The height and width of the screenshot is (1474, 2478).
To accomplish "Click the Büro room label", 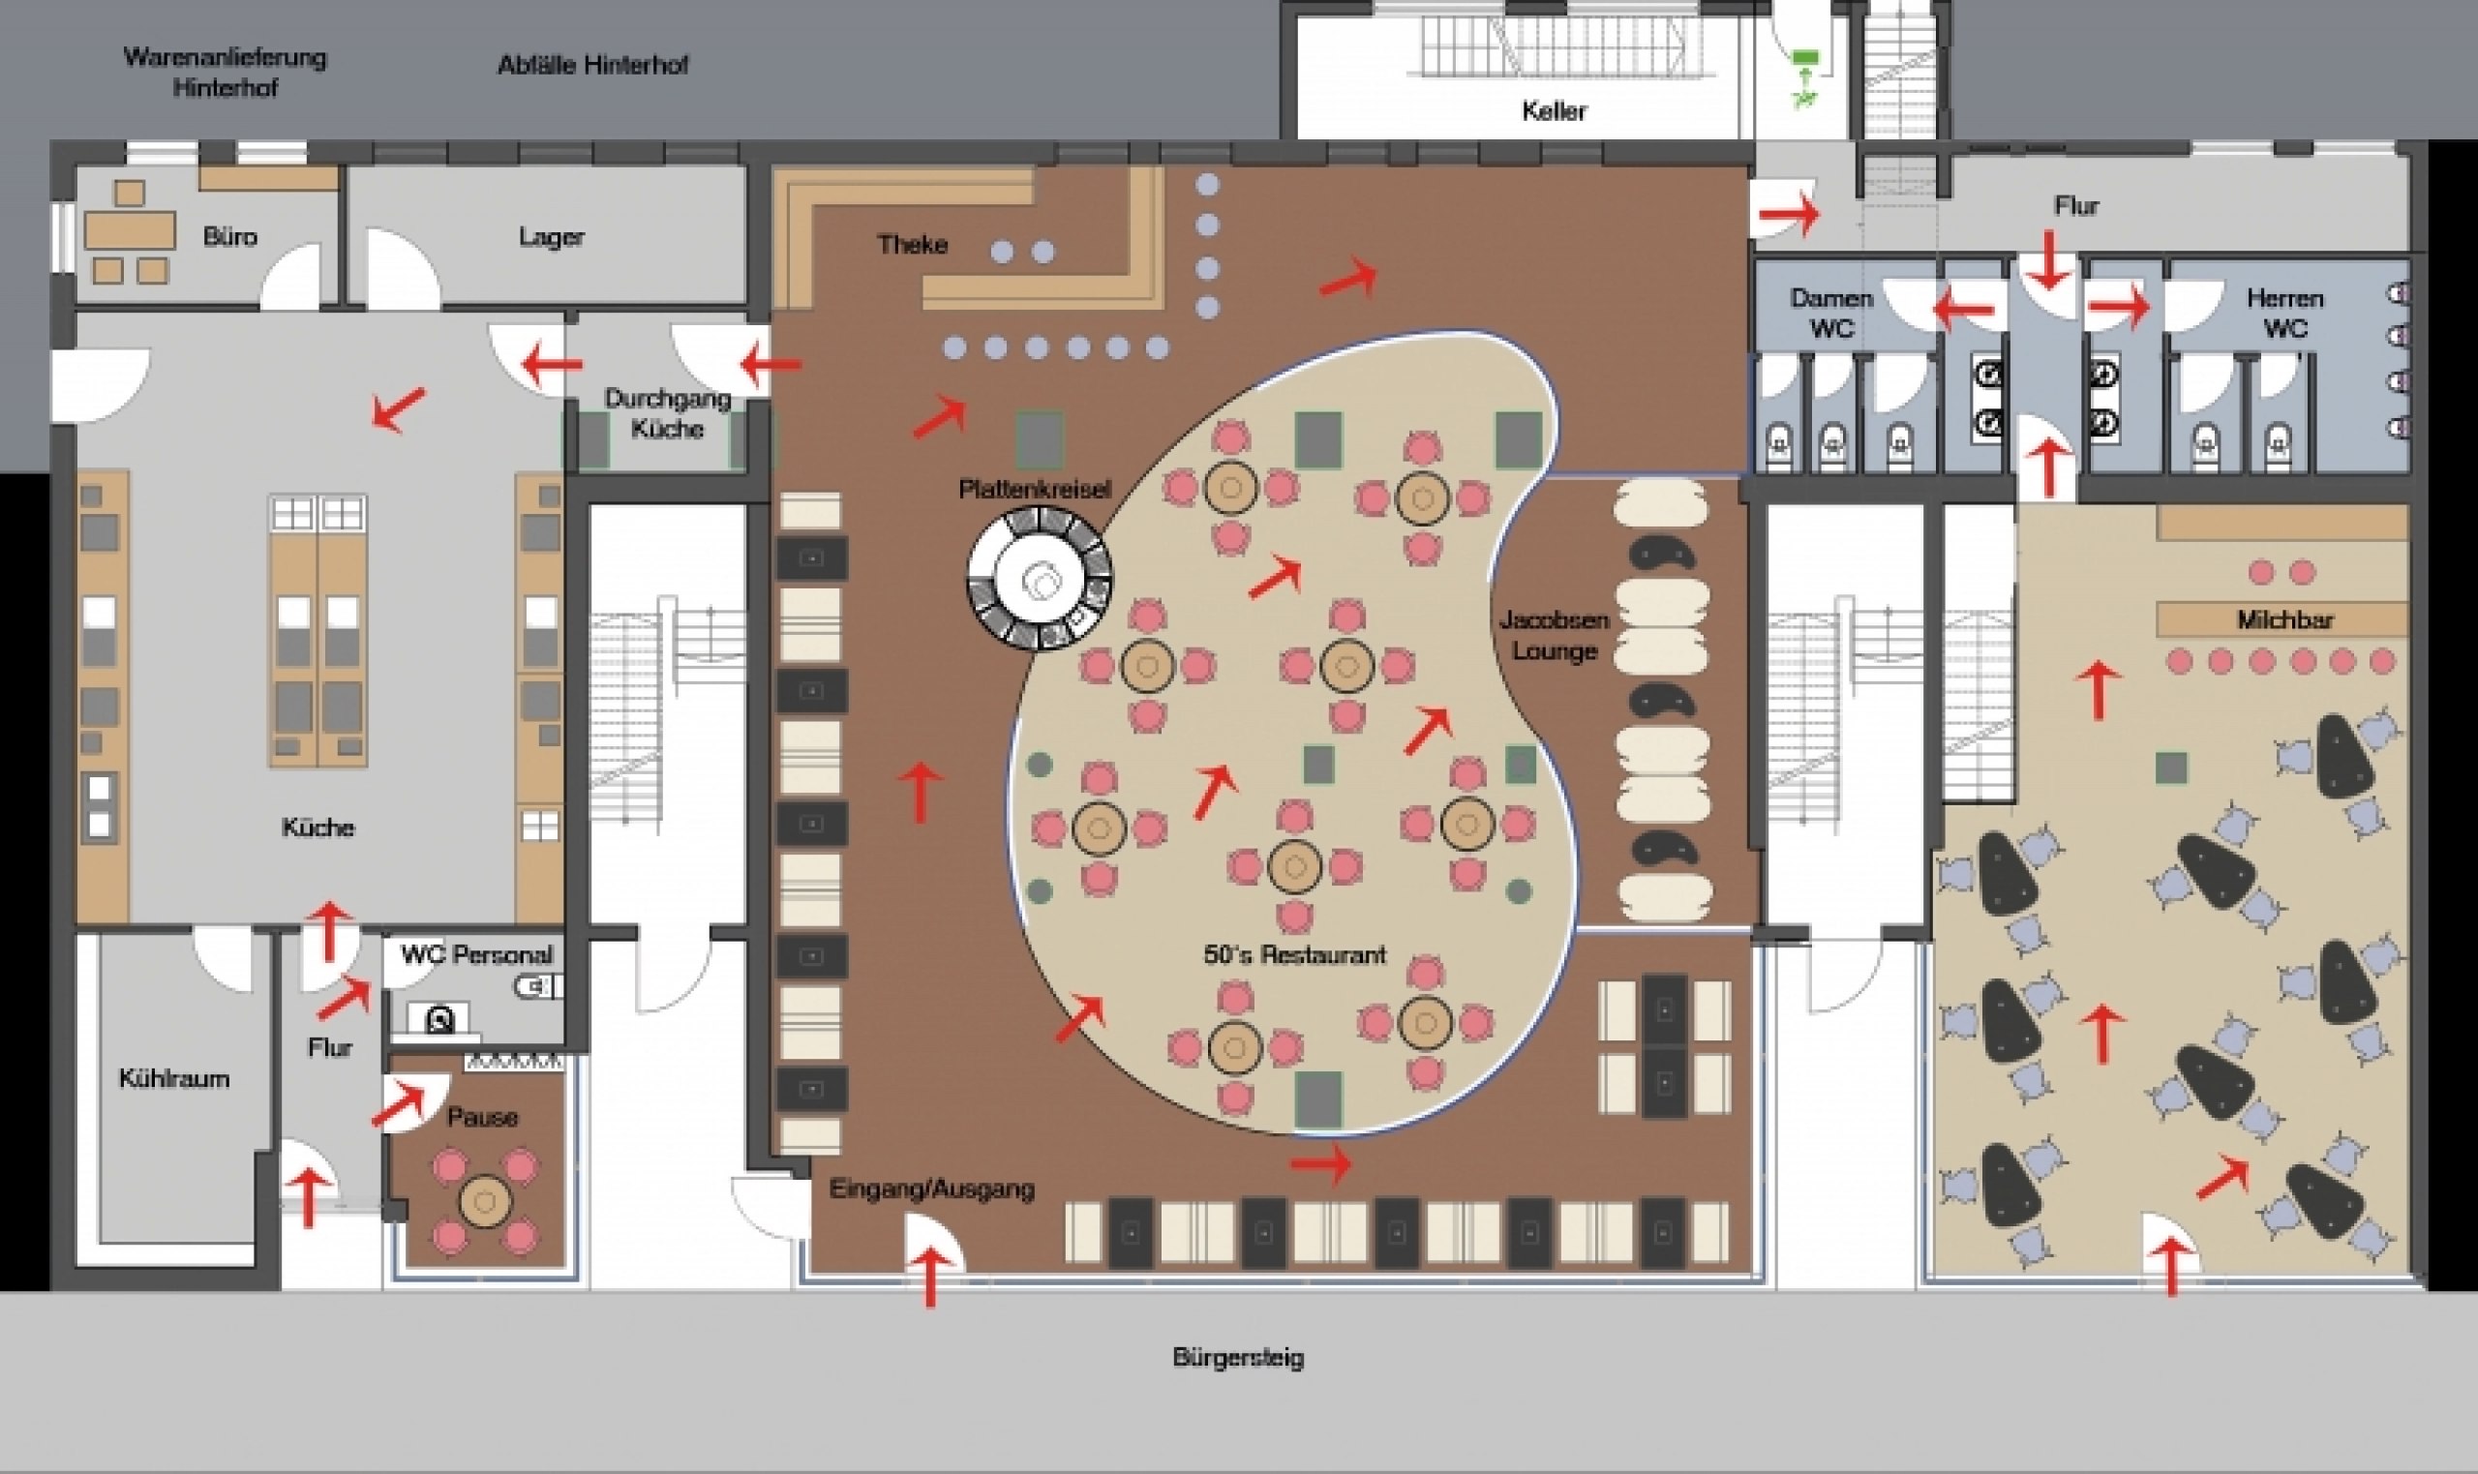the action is pos(229,236).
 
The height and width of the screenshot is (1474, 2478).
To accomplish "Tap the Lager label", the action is pos(551,236).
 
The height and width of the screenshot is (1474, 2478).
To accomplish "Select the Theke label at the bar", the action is pos(912,243).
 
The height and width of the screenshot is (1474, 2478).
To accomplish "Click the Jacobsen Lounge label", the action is pos(1555,636).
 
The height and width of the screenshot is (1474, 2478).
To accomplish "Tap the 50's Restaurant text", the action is pos(1294,954).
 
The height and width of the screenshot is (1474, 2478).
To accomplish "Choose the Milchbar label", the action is pos(2285,619).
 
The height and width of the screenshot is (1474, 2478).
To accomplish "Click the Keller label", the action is pos(1555,110).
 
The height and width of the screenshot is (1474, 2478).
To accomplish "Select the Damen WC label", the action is pos(1831,313).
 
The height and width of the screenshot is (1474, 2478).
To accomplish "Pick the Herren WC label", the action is pos(2285,313).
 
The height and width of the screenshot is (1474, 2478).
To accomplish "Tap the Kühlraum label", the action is pos(175,1079).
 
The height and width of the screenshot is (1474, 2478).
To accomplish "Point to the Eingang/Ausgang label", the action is pos(931,1188).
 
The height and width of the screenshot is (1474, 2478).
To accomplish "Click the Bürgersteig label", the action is pos(1238,1357).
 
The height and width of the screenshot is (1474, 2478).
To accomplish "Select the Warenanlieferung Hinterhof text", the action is pos(225,72).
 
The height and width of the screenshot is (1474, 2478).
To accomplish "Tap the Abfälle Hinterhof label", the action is pos(593,66).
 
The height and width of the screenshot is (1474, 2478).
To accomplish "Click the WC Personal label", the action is pos(477,954).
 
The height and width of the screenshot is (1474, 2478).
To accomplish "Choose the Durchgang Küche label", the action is pos(668,413).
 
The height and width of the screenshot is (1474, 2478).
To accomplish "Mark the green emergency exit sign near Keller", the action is pos(1802,77).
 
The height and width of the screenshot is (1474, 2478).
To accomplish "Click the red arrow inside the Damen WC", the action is pos(1964,309).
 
